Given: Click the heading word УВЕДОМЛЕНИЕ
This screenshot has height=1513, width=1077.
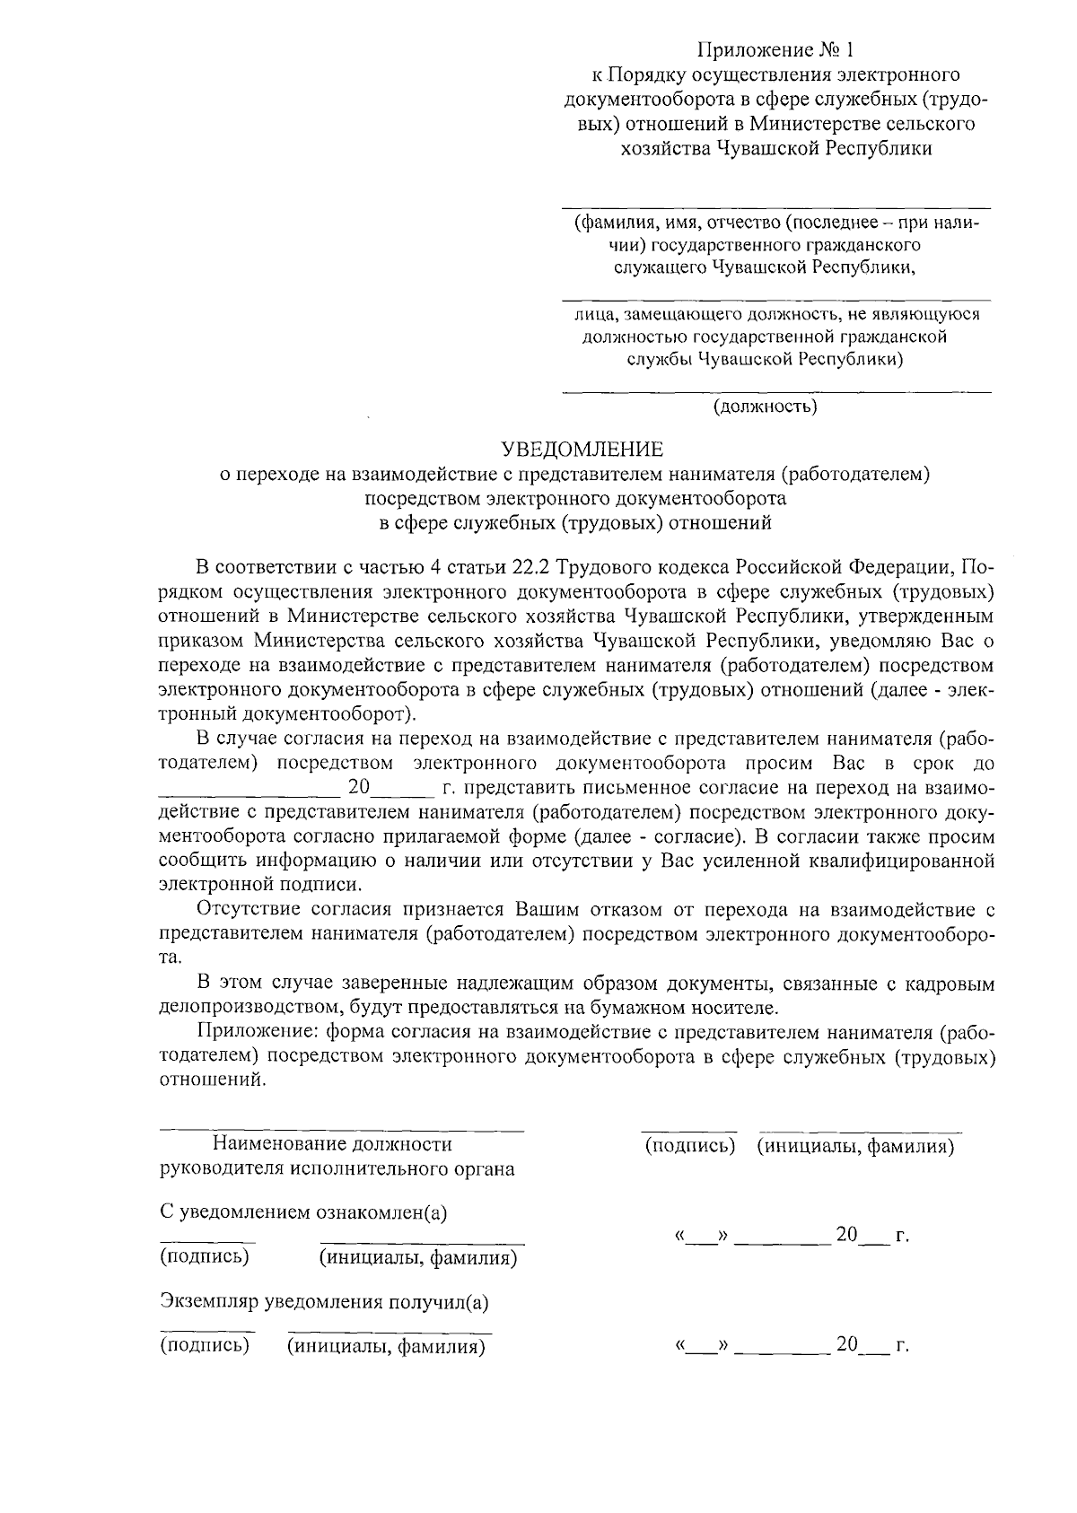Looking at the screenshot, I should [582, 448].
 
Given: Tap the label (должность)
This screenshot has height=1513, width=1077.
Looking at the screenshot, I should [765, 407].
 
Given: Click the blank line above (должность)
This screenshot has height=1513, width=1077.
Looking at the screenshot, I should [776, 392].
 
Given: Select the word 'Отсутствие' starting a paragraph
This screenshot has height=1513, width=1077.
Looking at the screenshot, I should [241, 910].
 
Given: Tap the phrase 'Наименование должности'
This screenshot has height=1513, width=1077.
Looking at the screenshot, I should [332, 1144].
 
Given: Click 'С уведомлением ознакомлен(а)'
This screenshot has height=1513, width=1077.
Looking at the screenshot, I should [303, 1212].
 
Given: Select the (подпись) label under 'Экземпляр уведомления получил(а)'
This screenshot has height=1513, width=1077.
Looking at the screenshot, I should [205, 1346].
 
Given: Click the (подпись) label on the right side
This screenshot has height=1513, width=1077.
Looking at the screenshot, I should [690, 1147].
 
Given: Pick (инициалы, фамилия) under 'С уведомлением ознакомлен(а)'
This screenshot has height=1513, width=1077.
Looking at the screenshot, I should [418, 1258].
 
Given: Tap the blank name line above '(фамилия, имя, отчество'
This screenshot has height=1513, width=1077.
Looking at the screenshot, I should [776, 207].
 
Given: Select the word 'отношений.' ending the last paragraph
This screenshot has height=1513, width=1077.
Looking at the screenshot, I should [213, 1080].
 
